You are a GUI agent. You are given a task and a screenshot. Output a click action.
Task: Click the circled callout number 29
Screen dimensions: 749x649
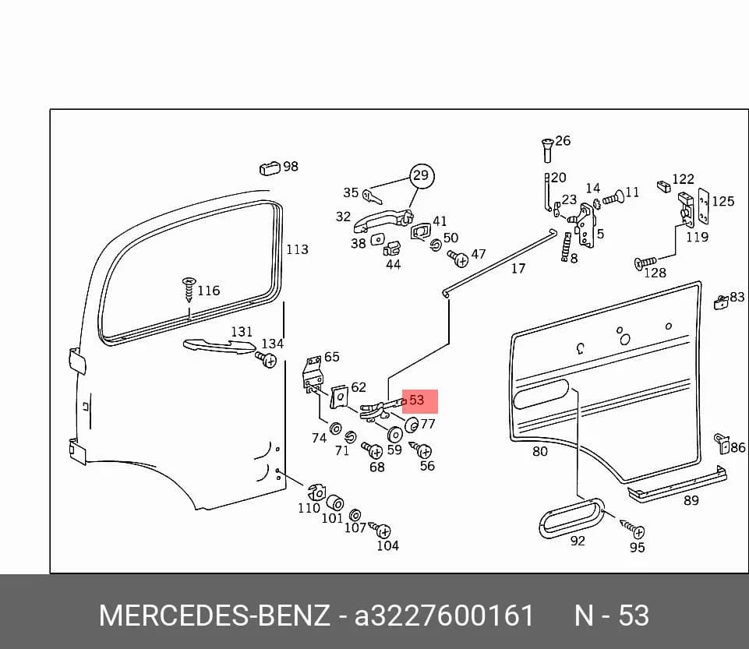421,176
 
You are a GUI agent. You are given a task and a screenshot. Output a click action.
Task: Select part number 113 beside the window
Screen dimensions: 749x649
297,249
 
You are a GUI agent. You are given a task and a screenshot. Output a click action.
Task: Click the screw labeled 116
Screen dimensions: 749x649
189,289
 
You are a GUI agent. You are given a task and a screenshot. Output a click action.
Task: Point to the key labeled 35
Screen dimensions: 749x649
371,196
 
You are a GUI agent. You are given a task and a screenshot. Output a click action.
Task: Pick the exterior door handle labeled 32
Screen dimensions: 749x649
382,221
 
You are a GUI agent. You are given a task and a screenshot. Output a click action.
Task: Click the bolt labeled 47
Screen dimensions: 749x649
458,259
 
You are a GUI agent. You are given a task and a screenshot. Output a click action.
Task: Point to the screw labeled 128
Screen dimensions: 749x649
645,263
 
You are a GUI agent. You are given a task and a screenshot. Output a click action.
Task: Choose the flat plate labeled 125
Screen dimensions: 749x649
703,206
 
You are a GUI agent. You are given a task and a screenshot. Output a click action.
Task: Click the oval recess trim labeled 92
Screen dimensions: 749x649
571,518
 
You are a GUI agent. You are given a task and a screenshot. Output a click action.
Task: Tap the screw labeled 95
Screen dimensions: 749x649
633,528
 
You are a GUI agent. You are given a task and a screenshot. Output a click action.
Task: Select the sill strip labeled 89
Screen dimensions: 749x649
677,483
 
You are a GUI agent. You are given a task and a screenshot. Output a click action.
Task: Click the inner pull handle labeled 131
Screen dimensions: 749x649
219,346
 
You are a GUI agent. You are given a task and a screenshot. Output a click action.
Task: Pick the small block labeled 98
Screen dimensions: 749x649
270,168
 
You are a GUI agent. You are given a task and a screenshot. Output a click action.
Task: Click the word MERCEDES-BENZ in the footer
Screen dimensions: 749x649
214,615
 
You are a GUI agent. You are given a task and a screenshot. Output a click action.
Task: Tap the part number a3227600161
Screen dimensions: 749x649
443,615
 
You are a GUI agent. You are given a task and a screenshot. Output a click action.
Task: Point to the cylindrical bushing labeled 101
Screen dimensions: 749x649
335,503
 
